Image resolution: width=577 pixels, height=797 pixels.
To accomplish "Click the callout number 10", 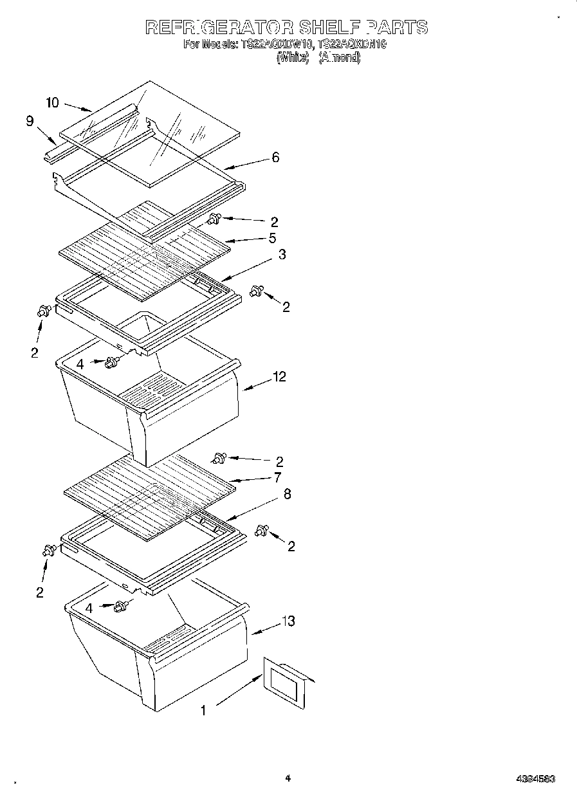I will [53, 102].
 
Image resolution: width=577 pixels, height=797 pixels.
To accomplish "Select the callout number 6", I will [275, 157].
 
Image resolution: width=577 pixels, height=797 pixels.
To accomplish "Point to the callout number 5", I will [273, 238].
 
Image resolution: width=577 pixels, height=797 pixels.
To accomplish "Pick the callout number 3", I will [282, 254].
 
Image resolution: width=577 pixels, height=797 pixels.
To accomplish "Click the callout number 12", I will [279, 377].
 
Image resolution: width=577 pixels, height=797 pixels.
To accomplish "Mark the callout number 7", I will [277, 477].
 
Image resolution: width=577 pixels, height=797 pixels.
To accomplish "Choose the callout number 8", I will [287, 494].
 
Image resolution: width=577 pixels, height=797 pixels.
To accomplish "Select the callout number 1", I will [204, 710].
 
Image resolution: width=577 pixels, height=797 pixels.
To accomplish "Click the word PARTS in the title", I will [396, 27].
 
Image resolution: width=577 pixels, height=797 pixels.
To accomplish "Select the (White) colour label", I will [293, 58].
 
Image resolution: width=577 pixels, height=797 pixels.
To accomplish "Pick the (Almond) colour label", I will [340, 58].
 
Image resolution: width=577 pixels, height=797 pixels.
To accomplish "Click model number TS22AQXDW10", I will [276, 45].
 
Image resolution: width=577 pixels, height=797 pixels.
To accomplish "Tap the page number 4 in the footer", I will [288, 778].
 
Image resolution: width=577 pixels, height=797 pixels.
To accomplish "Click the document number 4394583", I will [535, 778].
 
